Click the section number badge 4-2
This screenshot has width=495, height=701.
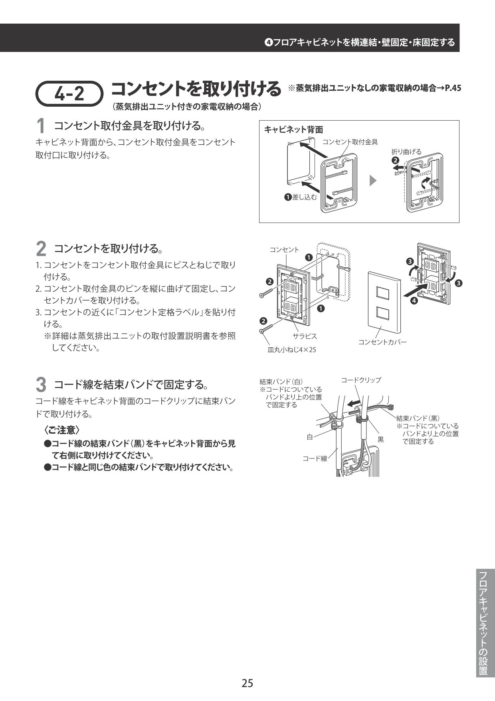tap(69, 94)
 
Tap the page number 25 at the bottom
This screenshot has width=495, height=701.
tap(247, 683)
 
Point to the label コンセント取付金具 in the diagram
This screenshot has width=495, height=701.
tap(350, 142)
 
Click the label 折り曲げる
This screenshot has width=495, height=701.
tap(406, 151)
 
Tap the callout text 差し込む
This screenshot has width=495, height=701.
tap(305, 197)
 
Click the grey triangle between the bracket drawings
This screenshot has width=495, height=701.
tap(373, 180)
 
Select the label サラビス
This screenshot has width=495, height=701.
tap(305, 336)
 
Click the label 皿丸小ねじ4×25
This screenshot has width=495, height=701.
tap(291, 350)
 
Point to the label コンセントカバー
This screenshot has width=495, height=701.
tap(382, 342)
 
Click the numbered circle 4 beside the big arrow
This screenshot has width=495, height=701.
tap(414, 301)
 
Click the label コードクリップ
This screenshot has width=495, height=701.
tap(360, 380)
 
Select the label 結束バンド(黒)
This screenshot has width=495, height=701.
tap(418, 418)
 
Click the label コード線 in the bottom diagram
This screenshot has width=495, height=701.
tap(315, 458)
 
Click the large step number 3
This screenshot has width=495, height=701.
tap(41, 385)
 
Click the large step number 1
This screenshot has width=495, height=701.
tap(40, 127)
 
